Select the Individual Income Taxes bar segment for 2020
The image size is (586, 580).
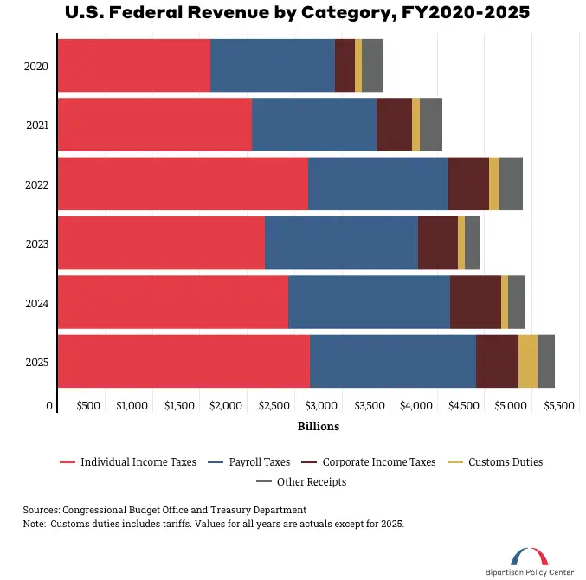click(x=134, y=66)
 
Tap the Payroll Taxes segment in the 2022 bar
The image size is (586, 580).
click(x=378, y=184)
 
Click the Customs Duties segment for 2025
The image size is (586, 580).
click(x=527, y=361)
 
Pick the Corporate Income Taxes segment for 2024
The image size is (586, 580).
click(x=475, y=302)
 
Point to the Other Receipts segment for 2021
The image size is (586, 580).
click(x=430, y=126)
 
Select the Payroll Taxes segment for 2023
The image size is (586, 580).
click(x=341, y=243)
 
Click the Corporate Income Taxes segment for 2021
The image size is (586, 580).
click(x=394, y=126)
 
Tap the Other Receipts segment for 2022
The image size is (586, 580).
click(x=510, y=184)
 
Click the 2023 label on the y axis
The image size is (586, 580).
click(x=37, y=244)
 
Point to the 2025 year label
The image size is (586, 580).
click(x=37, y=362)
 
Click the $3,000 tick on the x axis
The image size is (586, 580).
click(x=321, y=405)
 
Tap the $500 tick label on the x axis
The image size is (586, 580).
click(x=89, y=405)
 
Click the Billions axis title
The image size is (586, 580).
click(x=319, y=426)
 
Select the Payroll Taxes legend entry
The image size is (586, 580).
click(x=258, y=462)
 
